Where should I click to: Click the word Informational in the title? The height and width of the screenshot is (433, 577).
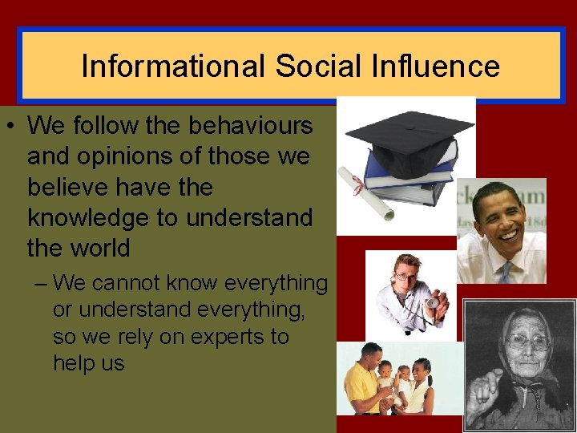click(173, 66)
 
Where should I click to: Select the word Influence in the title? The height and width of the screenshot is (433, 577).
click(434, 66)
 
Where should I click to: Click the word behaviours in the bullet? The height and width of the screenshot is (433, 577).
click(251, 126)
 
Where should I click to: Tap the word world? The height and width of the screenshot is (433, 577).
click(101, 248)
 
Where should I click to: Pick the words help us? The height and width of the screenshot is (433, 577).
click(88, 362)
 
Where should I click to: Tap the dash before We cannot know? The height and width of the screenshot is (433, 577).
click(40, 284)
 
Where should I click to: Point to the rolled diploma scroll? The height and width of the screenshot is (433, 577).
click(364, 192)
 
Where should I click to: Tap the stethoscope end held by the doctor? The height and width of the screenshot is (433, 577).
click(432, 304)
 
